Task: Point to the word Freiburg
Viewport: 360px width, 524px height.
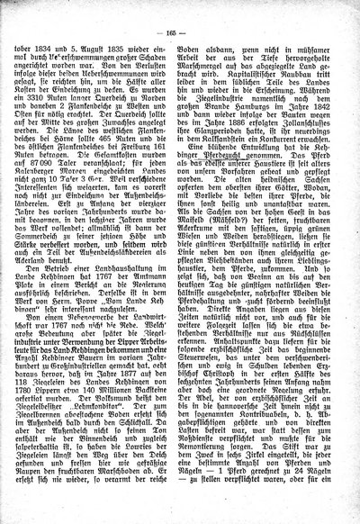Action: [140, 159]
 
